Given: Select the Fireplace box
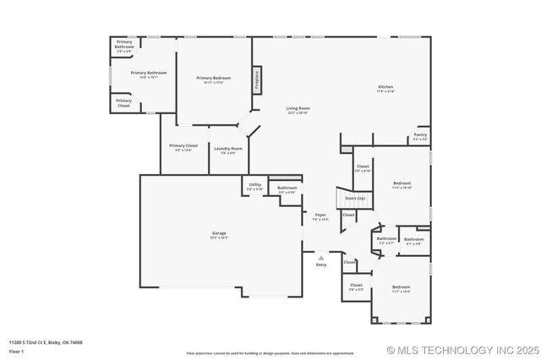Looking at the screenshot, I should pos(257,79).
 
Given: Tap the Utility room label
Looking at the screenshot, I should pos(254,186).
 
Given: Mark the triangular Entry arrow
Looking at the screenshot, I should pos(320,258).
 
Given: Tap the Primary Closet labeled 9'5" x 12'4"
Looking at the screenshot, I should pos(183,148).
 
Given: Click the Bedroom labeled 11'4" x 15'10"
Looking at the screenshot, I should pos(402,185).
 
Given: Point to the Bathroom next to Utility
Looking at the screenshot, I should pos(287,189).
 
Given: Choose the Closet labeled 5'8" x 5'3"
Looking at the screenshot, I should pos(356,287).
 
